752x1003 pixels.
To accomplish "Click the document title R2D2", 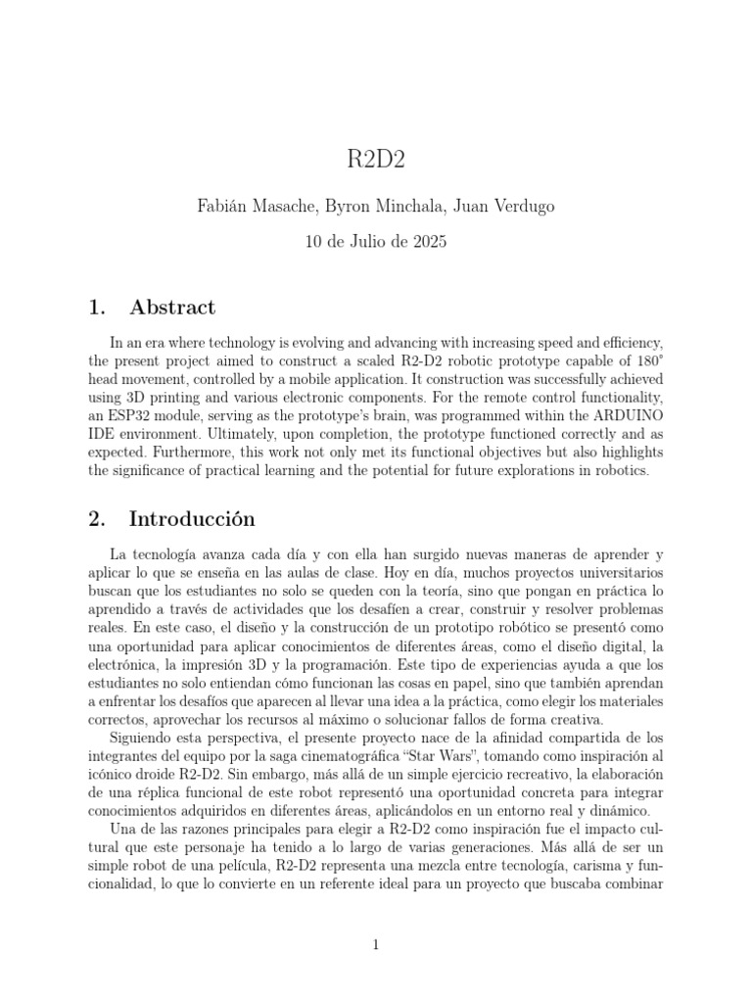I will (376, 161).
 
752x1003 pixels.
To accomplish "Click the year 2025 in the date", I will (427, 242).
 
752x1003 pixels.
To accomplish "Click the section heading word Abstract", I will (172, 308).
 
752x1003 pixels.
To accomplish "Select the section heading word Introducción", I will (192, 519).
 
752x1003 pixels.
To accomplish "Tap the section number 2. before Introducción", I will (97, 519).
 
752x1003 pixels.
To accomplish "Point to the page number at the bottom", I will (376, 944).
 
